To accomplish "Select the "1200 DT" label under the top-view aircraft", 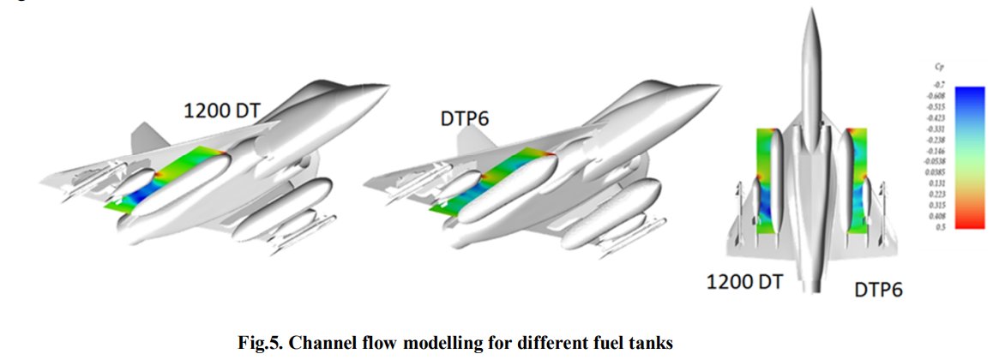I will (743, 281).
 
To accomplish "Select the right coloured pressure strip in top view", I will (858, 182).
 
